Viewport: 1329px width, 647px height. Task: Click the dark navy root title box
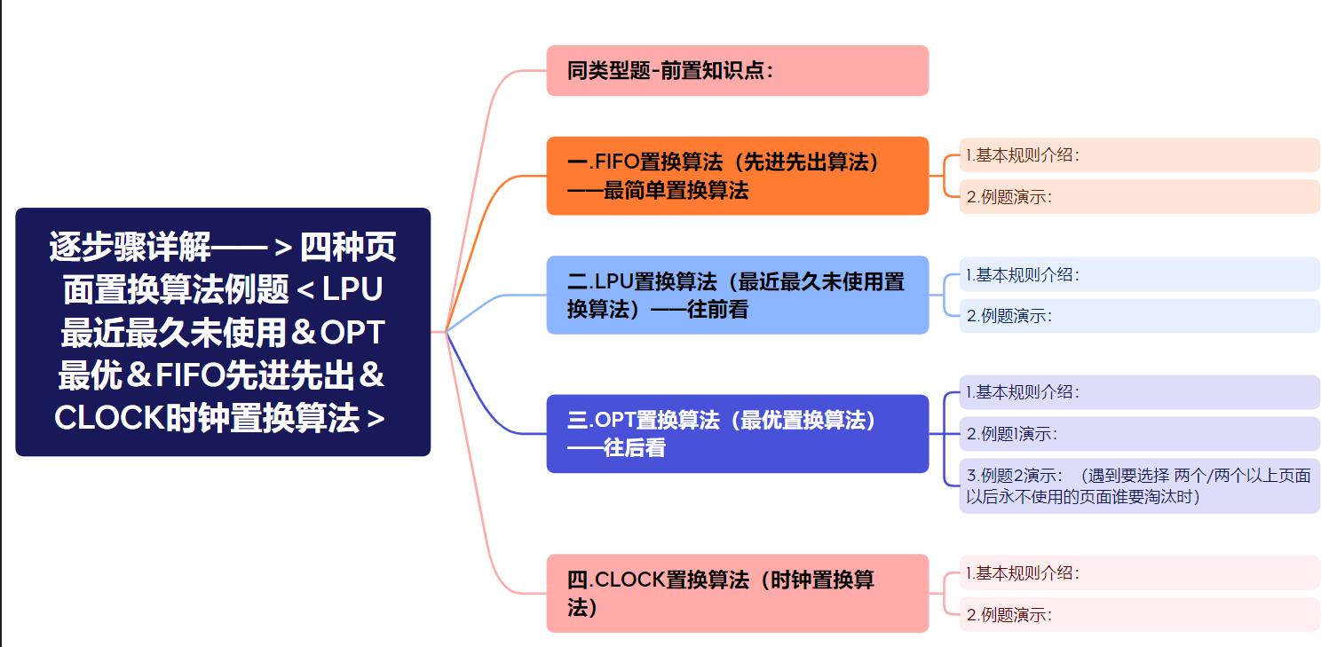[x=223, y=332]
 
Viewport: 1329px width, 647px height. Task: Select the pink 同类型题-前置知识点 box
[x=737, y=71]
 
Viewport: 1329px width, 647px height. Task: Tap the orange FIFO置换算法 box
[x=737, y=176]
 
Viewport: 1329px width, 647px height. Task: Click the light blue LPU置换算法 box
[x=737, y=295]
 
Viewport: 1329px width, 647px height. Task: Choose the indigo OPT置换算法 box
[x=737, y=433]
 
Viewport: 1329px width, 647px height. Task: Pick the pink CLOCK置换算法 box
[x=737, y=593]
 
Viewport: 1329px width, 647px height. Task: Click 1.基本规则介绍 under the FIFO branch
[x=1139, y=155]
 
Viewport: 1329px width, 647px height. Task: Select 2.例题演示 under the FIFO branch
[x=1139, y=197]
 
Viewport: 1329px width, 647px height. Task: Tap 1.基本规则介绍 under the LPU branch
[x=1139, y=274]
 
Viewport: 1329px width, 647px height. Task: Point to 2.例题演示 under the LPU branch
[x=1139, y=315]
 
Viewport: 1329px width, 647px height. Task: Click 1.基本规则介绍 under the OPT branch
[x=1139, y=391]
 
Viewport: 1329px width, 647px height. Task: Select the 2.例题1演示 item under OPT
[x=1139, y=433]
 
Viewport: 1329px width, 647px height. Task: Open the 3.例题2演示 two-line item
[x=1139, y=485]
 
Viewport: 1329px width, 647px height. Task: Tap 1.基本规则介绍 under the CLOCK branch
[x=1139, y=572]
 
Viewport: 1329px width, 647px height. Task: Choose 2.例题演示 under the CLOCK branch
[x=1139, y=614]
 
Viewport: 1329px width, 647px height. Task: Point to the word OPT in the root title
[x=352, y=332]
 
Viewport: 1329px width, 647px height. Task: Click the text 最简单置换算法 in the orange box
[x=676, y=190]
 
